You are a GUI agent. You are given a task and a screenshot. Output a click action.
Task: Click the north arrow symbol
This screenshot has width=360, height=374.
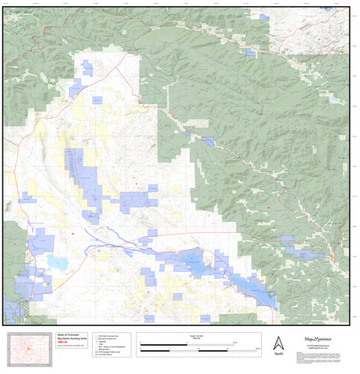[x=278, y=342]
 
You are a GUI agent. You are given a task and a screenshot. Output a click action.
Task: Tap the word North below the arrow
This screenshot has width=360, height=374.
[x=278, y=354]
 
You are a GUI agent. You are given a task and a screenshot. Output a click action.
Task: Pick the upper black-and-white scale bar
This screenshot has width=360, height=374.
[x=187, y=343]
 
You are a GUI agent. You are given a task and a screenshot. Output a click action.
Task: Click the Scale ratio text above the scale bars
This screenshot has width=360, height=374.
[x=199, y=334]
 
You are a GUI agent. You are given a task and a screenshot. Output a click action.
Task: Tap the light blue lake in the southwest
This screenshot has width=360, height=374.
[x=57, y=263]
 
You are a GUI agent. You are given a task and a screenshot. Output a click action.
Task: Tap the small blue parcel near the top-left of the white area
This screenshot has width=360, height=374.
[x=87, y=69]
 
